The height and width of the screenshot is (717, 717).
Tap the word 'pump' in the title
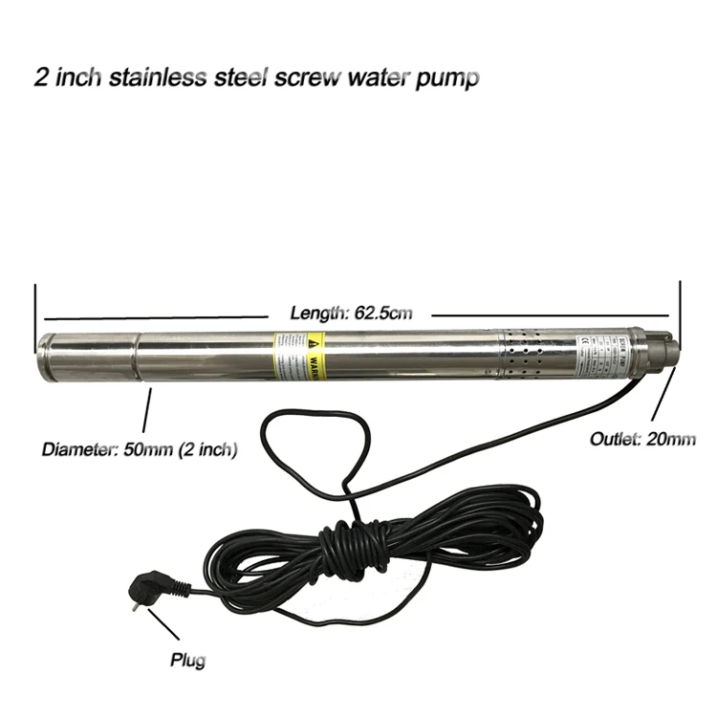click(447, 77)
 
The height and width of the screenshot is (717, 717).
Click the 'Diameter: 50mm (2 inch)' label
click(140, 448)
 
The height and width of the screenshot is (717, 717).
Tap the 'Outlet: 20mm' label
click(642, 439)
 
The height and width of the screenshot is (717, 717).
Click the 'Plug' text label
click(187, 660)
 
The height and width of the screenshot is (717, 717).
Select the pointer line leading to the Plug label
click(163, 626)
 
